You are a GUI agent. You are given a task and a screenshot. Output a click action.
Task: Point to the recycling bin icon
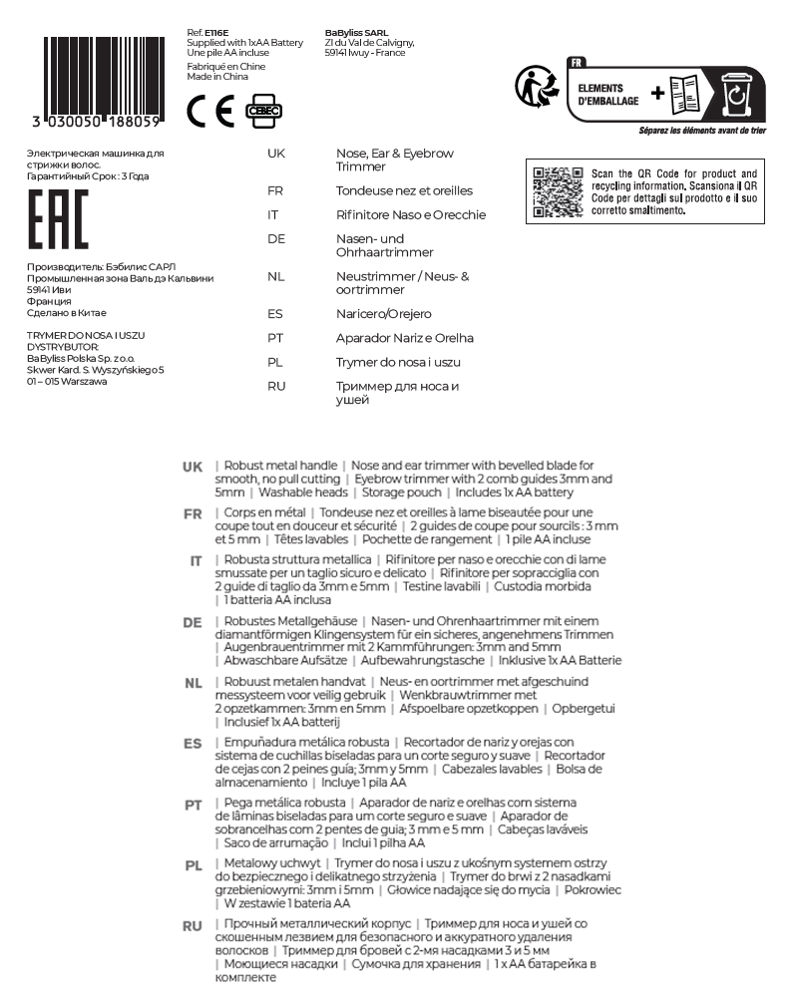734,93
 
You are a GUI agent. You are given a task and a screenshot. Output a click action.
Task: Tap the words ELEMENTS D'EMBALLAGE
609,93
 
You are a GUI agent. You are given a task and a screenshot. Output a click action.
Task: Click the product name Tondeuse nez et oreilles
405,190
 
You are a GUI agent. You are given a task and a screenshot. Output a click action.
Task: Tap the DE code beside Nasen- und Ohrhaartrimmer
276,239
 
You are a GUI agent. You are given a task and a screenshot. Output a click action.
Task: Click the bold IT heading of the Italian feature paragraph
197,561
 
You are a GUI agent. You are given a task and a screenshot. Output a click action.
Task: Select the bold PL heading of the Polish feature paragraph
194,865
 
